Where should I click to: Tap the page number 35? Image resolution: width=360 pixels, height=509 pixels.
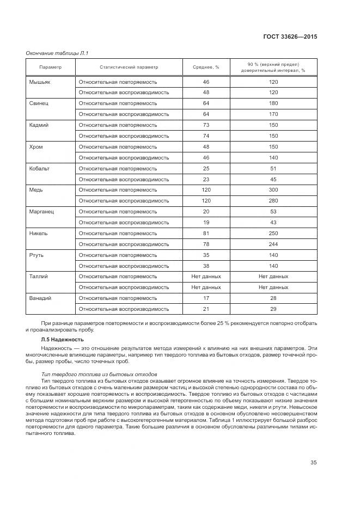[314, 463]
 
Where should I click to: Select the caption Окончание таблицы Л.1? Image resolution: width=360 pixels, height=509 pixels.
[57, 53]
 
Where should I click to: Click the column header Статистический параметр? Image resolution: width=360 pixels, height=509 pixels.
[129, 67]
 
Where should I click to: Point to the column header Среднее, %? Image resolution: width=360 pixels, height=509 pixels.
[206, 67]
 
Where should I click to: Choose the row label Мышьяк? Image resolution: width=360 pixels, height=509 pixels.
[39, 82]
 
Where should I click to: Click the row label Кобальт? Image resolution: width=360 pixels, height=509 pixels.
[39, 168]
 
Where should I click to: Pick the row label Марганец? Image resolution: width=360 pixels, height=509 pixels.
[41, 211]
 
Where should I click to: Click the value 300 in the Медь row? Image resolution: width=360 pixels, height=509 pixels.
[273, 190]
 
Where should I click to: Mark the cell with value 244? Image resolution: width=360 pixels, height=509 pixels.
[273, 244]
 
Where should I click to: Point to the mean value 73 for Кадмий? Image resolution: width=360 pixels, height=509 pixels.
[206, 125]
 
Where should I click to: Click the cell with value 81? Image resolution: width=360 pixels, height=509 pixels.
[206, 233]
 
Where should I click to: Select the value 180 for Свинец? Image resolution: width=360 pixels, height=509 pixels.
[273, 103]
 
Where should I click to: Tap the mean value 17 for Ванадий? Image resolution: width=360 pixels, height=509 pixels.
[206, 298]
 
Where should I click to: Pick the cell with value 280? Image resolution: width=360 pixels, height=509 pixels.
[273, 201]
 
